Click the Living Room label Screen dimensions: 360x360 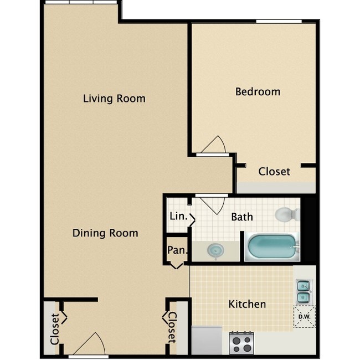[114, 99]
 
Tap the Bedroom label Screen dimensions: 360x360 [258, 91]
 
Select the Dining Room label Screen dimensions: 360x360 [105, 233]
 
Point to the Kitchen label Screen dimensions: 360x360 [247, 304]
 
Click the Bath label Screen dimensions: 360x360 [242, 217]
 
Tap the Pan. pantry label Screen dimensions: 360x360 [177, 250]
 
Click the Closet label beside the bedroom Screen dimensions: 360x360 [274, 172]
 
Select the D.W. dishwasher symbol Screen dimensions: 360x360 [304, 317]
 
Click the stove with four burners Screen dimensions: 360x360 [241, 341]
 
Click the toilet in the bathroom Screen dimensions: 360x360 [286, 215]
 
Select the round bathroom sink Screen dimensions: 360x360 [214, 251]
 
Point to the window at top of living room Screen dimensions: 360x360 [81, 3]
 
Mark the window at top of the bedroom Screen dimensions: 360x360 [279, 22]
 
